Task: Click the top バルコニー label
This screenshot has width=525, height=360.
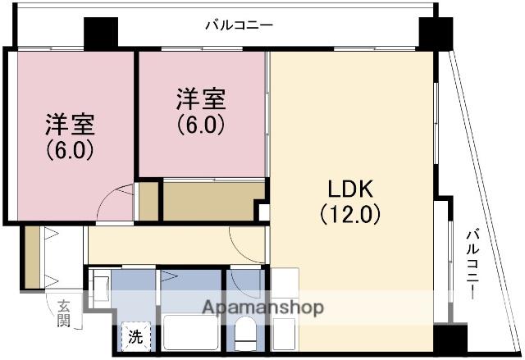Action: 239,25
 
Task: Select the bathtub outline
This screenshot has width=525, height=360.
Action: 190,332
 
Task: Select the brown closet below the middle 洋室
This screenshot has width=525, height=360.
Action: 212,202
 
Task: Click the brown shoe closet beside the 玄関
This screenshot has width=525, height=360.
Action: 33,257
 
